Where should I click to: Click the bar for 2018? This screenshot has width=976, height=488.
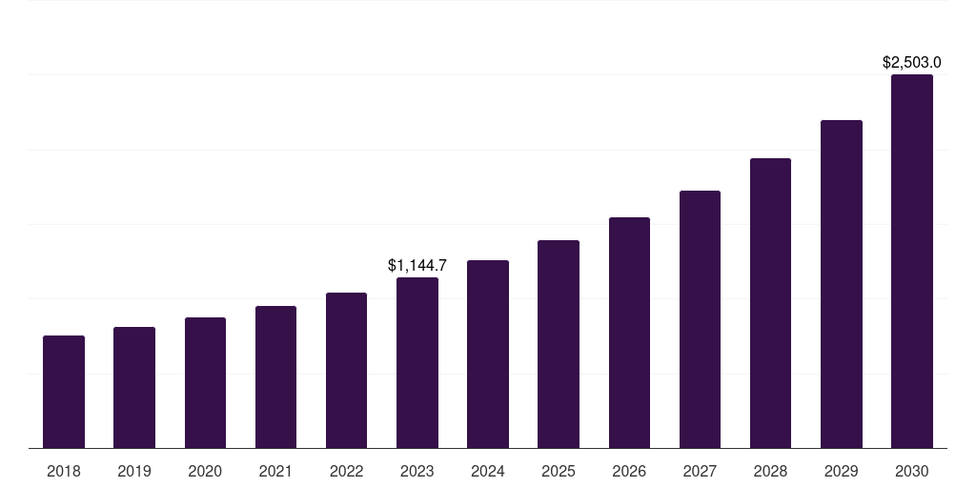[64, 392]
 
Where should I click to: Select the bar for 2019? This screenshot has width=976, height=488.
[134, 387]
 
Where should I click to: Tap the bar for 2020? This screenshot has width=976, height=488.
[205, 382]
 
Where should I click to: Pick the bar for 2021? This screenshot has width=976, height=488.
[275, 376]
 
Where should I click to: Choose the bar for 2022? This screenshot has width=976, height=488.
[346, 370]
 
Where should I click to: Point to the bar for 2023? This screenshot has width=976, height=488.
[417, 362]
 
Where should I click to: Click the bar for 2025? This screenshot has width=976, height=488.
[559, 344]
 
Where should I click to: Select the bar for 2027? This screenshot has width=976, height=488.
[700, 319]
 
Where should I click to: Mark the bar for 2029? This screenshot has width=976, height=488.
[841, 284]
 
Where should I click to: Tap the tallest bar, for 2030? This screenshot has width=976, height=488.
[911, 261]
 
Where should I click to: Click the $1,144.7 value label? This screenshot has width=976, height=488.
[417, 266]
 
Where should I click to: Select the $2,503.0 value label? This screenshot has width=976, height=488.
[911, 63]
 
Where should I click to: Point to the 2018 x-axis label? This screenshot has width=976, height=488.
[64, 471]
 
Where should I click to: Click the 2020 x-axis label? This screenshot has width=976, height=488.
[205, 471]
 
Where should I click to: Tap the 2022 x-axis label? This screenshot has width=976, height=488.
[346, 471]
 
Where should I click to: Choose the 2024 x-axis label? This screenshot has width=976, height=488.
[488, 471]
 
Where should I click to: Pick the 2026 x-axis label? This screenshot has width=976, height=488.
[629, 471]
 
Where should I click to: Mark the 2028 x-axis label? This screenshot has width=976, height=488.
[770, 471]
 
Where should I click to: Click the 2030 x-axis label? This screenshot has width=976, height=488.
[911, 471]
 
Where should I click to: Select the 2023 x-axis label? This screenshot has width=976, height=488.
[417, 471]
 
